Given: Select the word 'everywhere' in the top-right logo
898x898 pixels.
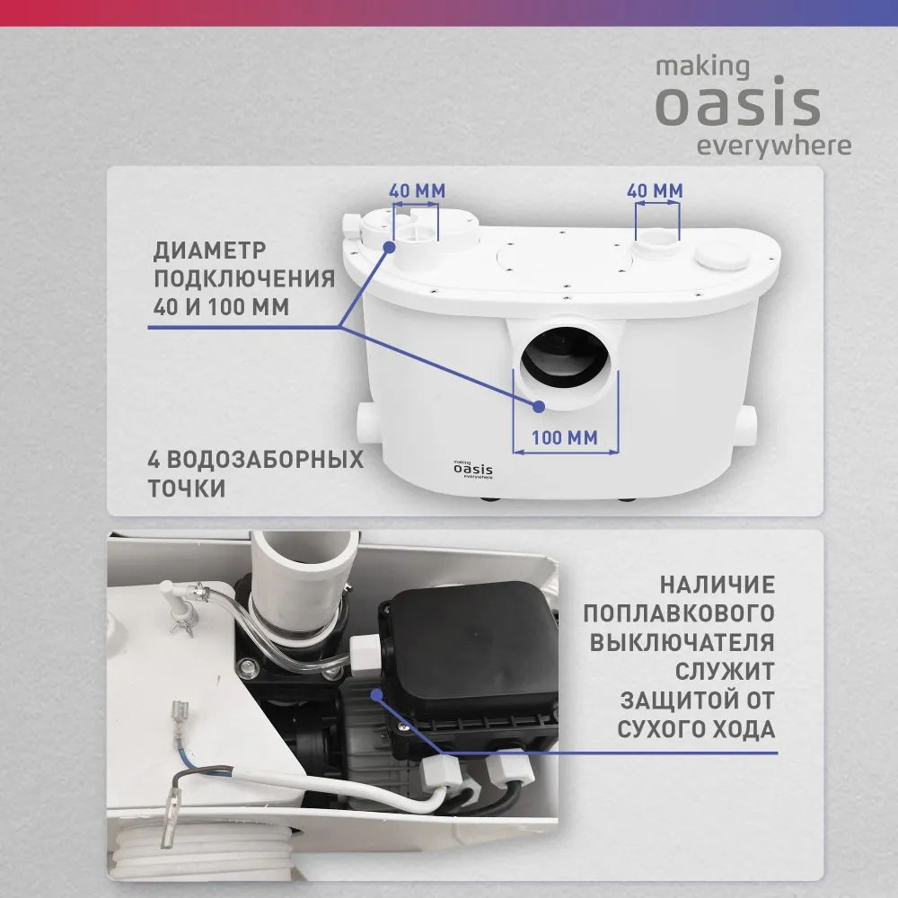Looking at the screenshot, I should [774, 146].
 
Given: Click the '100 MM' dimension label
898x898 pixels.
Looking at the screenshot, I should [566, 438].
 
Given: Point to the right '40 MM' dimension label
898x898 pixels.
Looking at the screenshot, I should [655, 191].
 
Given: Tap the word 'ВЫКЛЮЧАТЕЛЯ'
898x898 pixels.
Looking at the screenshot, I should [682, 642].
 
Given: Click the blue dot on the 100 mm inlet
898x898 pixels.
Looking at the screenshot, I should [539, 406].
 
